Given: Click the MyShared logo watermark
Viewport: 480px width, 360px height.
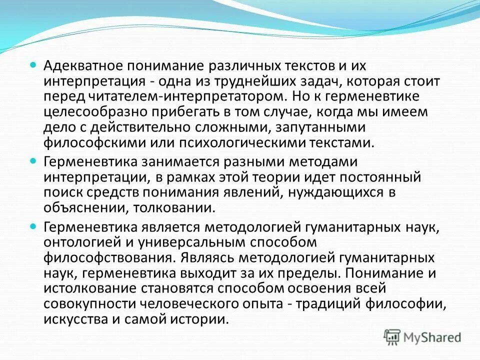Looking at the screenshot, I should click(422, 337).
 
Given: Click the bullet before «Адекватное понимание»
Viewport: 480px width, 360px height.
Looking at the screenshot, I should click(33, 65).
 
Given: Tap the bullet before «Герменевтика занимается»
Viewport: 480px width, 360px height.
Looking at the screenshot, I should click(33, 161).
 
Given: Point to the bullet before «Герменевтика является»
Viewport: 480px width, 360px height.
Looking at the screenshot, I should click(33, 226).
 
